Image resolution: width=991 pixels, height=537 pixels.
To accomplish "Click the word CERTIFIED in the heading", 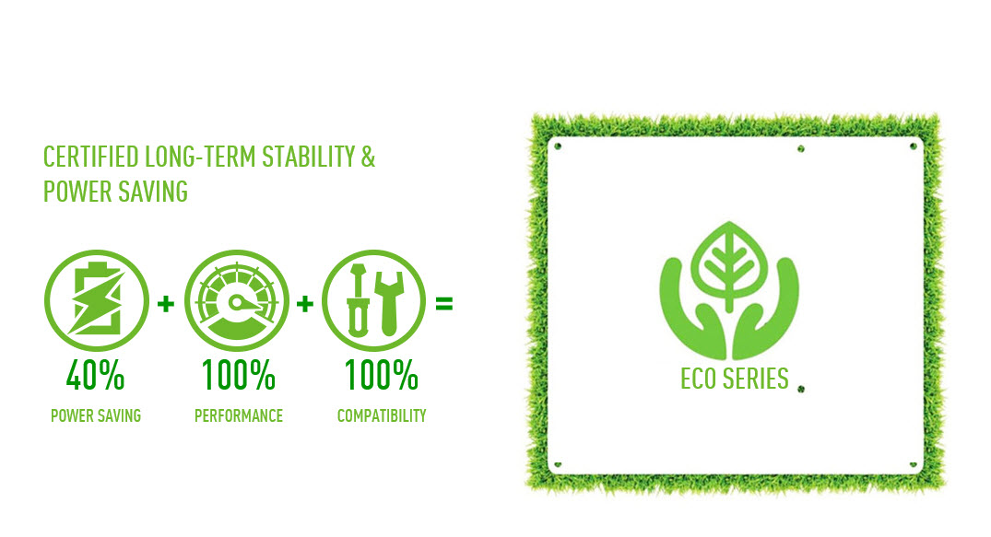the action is [x=91, y=158].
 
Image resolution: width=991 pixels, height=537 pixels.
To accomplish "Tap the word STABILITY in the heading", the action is [x=309, y=158].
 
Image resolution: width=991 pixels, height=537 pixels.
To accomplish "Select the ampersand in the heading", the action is [x=369, y=158].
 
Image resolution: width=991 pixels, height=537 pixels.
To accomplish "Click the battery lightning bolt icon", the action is [x=97, y=300].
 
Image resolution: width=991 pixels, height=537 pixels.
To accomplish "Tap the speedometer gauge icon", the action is [x=237, y=300].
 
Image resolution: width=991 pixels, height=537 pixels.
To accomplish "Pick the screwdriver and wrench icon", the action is [x=374, y=300].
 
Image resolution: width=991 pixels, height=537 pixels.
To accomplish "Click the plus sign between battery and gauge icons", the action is [x=166, y=304].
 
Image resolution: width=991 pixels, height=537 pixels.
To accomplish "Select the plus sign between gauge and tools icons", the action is [x=305, y=304].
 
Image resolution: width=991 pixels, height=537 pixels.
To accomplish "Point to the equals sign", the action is [x=444, y=304].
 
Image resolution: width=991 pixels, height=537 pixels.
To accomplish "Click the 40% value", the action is [x=96, y=375].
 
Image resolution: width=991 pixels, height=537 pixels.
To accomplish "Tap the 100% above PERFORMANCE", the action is [x=238, y=375].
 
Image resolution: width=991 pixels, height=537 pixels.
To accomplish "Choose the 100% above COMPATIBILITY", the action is [x=381, y=375].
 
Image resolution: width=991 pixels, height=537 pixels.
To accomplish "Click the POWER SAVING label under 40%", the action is [x=96, y=415].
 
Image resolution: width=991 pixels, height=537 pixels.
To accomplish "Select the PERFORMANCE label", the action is [x=239, y=415].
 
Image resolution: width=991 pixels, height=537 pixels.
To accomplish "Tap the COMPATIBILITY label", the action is [x=382, y=415].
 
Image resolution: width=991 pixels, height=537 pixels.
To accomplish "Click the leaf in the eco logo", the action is [x=729, y=265].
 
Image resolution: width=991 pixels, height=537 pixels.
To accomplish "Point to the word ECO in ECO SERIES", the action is [x=699, y=379].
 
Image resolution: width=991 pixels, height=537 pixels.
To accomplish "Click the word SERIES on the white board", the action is [x=756, y=379].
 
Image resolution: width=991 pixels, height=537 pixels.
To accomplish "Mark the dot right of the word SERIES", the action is [x=801, y=390].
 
